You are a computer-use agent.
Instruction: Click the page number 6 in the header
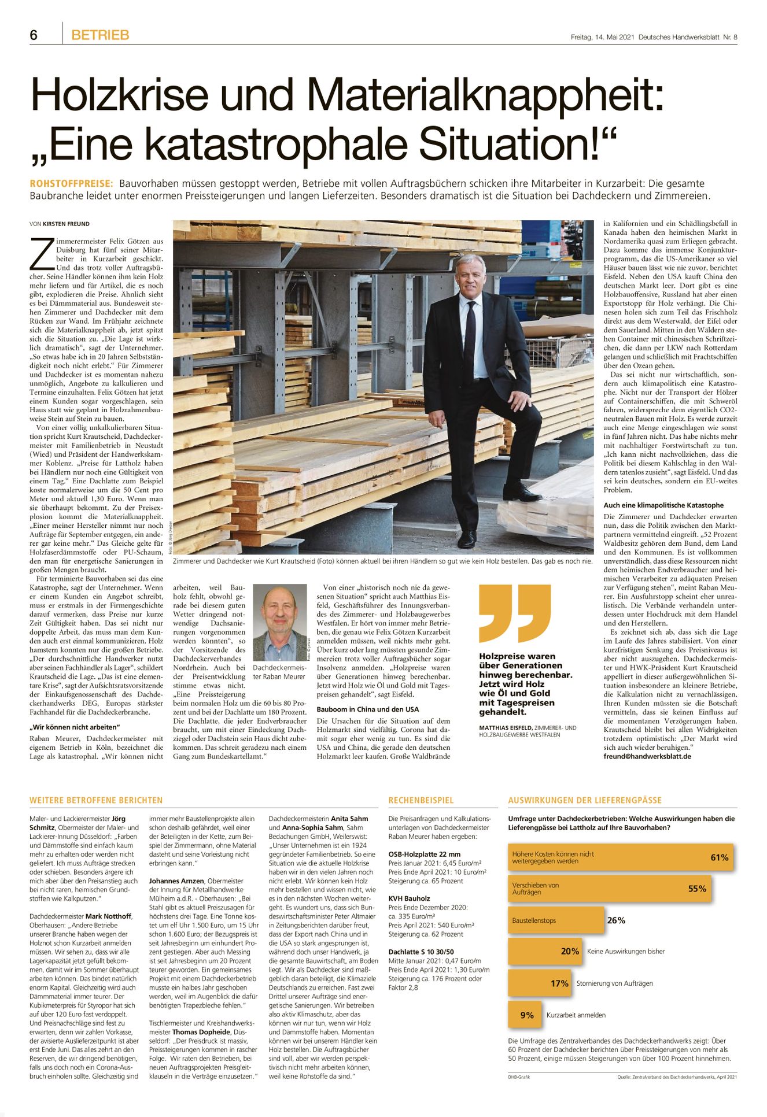point(34,35)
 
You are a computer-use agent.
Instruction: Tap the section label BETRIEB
point(100,35)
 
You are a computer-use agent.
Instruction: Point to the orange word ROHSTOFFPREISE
point(71,184)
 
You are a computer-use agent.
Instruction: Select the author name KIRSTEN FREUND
point(66,224)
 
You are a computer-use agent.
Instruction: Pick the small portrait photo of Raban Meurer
point(280,622)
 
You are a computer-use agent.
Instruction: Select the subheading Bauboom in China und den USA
point(367,709)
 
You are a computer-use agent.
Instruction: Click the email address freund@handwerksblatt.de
point(647,756)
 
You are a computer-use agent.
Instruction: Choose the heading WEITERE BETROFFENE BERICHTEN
point(96,801)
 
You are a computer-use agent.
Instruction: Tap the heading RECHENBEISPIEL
point(421,801)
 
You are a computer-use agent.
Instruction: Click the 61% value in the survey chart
point(719,857)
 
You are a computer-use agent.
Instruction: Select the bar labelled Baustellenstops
point(555,920)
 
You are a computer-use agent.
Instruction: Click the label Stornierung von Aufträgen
point(614,983)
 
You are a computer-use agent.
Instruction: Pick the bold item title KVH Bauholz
point(409,898)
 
